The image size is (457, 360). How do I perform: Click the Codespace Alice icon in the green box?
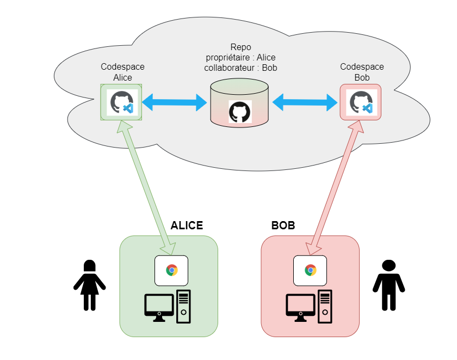tap(121, 102)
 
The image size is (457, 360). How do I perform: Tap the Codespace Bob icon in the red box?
tap(360, 102)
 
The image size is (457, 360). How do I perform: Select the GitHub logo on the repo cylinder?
tap(239, 112)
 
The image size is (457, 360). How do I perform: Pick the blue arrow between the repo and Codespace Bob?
tap(305, 101)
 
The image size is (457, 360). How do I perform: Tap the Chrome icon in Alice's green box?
tap(172, 270)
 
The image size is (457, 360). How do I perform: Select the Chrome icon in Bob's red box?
tap(310, 270)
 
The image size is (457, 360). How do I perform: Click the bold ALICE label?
tap(187, 225)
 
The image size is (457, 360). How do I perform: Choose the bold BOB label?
tap(283, 225)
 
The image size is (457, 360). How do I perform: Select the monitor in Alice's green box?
tap(159, 307)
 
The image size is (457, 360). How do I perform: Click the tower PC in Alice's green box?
tap(184, 306)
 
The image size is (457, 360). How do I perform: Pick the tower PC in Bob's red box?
tap(325, 306)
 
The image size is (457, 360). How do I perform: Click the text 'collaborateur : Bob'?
tap(240, 68)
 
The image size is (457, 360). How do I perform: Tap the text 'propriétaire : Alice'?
tap(240, 58)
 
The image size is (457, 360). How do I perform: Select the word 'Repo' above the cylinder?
tap(240, 47)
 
